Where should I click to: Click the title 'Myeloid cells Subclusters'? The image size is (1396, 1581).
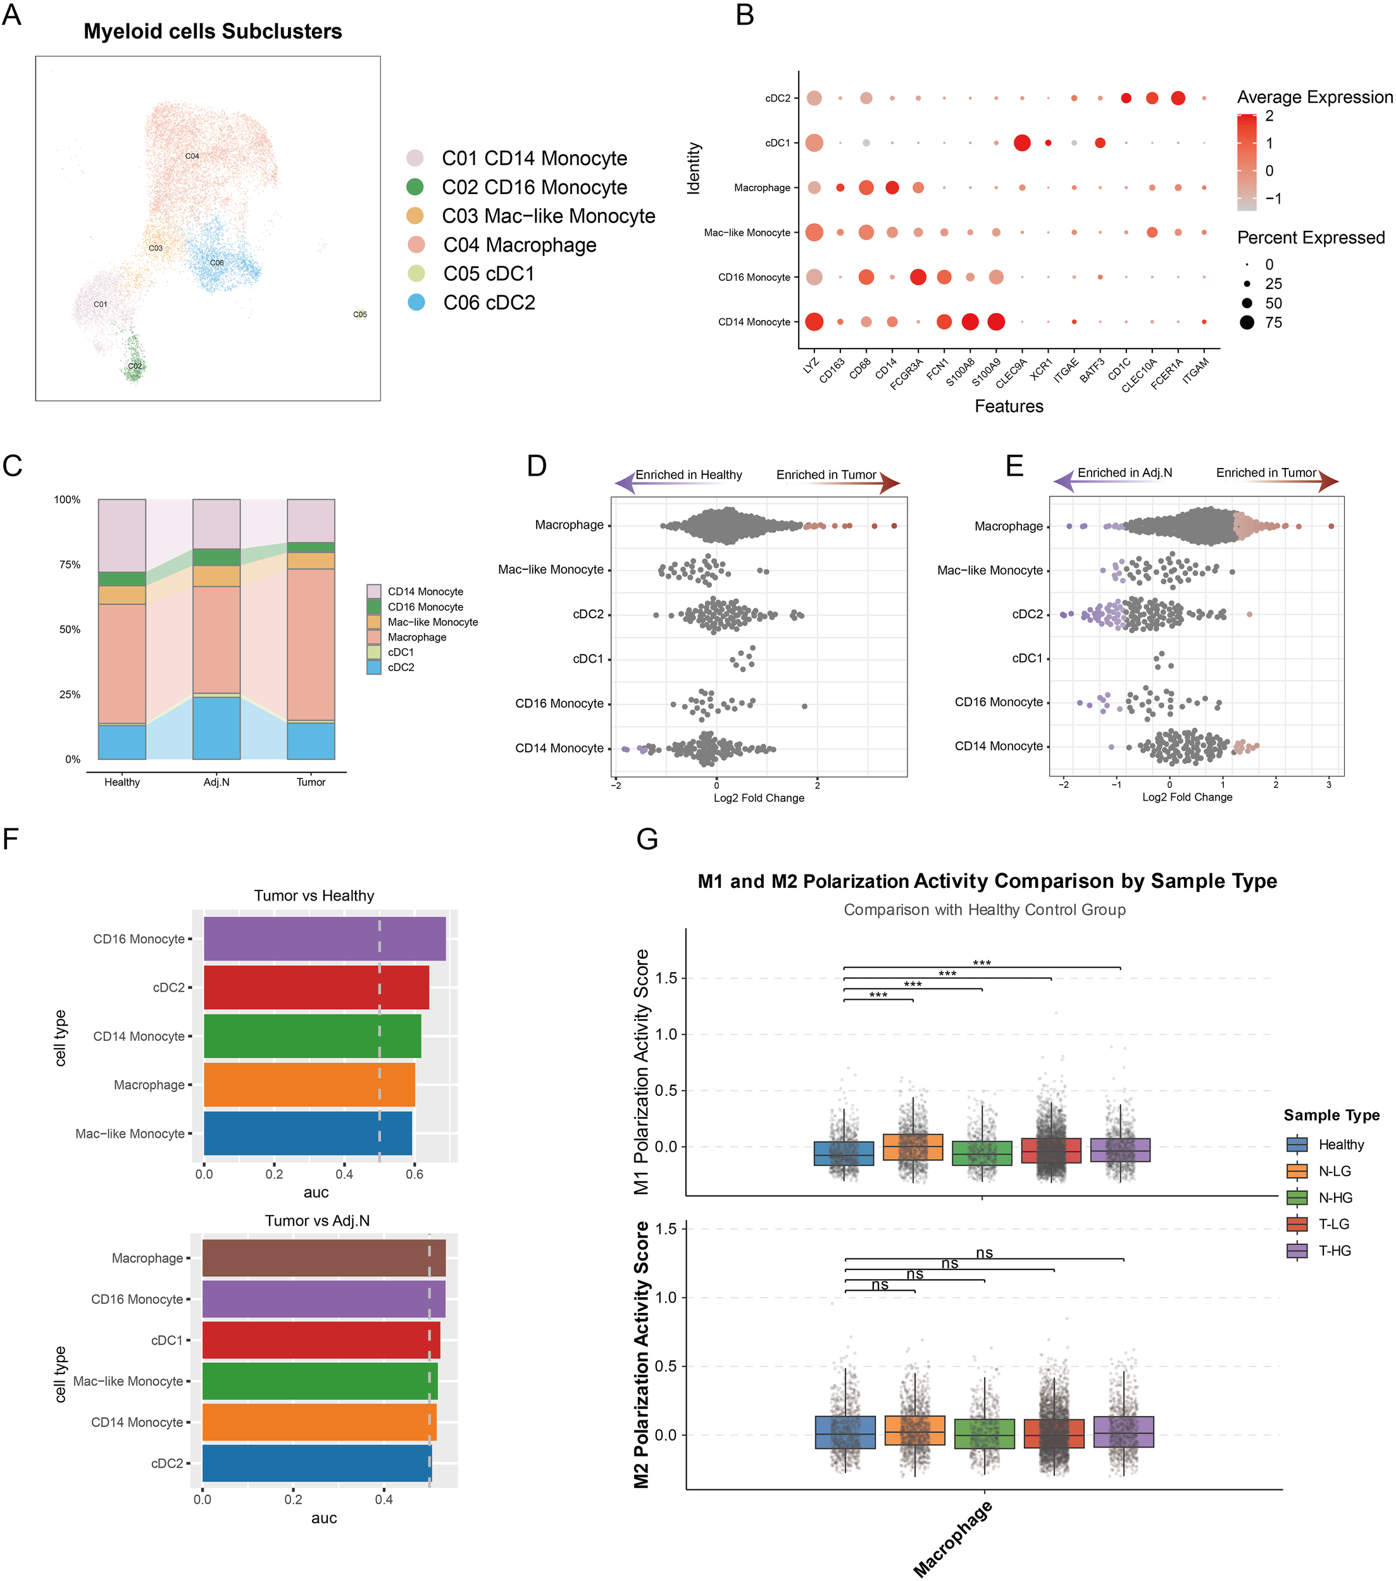213,32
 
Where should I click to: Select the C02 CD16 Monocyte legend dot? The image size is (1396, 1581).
416,187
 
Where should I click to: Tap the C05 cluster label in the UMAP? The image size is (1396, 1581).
360,315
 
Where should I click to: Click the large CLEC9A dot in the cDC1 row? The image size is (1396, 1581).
1021,143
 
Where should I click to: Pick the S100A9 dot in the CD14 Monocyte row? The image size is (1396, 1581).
996,322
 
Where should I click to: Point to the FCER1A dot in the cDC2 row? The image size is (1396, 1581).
1178,98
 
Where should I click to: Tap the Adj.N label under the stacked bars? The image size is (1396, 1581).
216,782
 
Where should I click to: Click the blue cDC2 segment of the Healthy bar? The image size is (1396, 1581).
122,742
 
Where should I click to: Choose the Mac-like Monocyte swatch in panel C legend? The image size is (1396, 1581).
374,622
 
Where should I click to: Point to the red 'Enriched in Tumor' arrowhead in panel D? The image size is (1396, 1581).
890,484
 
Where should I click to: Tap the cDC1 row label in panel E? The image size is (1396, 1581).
1027,658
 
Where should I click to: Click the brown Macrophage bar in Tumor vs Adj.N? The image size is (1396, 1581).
323,1258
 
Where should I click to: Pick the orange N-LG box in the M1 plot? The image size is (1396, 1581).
913,1147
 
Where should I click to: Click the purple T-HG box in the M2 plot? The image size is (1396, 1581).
1124,1432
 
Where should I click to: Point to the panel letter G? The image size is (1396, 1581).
647,839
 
